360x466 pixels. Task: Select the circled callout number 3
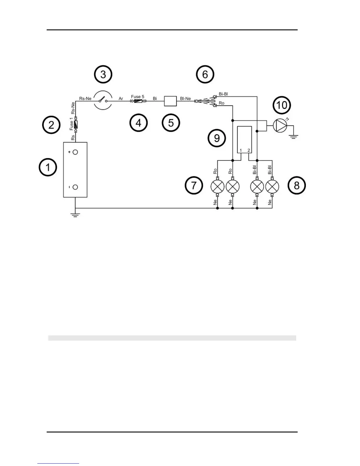103,74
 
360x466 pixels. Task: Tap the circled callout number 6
205,74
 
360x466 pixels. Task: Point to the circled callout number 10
282,105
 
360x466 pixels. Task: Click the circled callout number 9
217,138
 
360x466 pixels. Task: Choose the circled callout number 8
297,185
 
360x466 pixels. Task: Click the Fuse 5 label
138,96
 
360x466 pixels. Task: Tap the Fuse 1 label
71,124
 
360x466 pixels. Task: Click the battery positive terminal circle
75,152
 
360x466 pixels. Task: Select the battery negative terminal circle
75,187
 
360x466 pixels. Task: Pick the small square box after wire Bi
170,101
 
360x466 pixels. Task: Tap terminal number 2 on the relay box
249,151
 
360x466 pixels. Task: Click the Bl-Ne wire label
185,99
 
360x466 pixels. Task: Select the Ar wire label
121,99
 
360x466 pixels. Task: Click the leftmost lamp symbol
218,186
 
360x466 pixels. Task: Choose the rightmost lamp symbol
272,186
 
